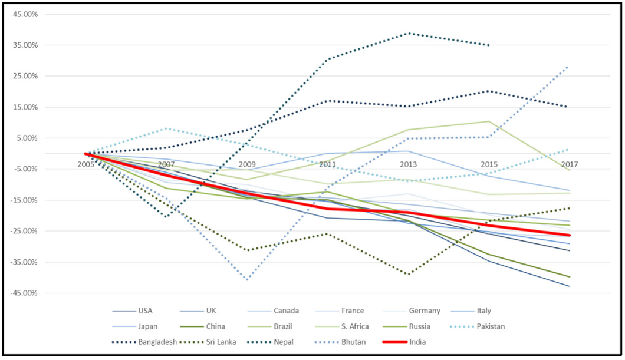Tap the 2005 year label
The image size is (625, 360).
(x=86, y=164)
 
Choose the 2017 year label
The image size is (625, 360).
(x=570, y=164)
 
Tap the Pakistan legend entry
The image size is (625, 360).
(x=491, y=326)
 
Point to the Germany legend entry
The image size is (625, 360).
(x=428, y=311)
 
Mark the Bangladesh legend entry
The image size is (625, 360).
(x=157, y=342)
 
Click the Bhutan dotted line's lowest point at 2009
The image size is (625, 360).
(x=247, y=279)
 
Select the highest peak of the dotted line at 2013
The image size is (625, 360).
(x=409, y=33)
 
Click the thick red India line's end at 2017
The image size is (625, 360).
(x=570, y=235)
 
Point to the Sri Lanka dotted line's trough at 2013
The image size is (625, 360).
(x=409, y=274)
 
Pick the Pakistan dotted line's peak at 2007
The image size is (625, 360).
(x=166, y=128)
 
